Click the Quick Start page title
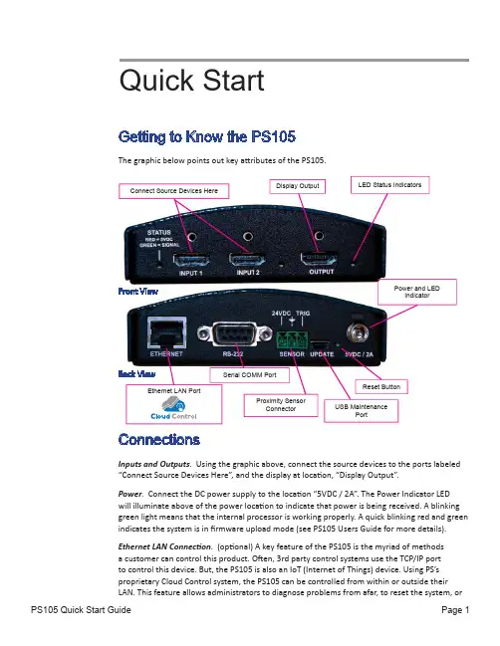[x=191, y=81]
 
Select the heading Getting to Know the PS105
[x=207, y=136]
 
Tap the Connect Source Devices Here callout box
[x=174, y=191]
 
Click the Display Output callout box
[x=297, y=186]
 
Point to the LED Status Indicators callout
[x=390, y=185]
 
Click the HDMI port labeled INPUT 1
[x=191, y=260]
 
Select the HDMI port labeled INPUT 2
[x=247, y=260]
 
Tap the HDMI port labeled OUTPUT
[x=319, y=259]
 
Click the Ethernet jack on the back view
[x=167, y=333]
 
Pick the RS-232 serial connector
[x=234, y=334]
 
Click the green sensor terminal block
[x=292, y=339]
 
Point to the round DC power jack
[x=358, y=331]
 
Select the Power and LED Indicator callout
[x=417, y=292]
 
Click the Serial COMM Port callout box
[x=249, y=375]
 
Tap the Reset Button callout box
[x=381, y=387]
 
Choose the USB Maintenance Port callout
[x=362, y=411]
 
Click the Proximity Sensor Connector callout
[x=281, y=405]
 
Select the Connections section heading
[x=159, y=440]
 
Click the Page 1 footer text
[x=455, y=610]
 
